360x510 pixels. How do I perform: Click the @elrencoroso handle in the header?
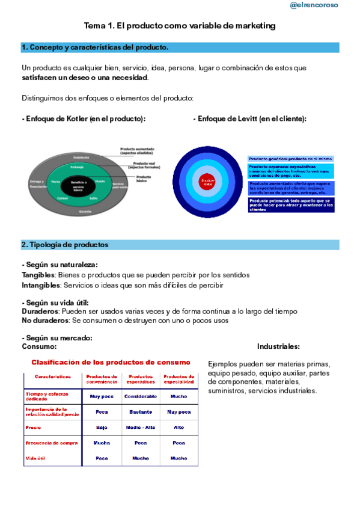point(314,5)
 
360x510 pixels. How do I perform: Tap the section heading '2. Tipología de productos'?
point(65,245)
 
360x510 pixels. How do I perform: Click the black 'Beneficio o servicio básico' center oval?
point(78,185)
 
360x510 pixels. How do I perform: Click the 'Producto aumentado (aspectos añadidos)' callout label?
point(139,151)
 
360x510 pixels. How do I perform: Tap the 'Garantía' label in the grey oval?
point(85,212)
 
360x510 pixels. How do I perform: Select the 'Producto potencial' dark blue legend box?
point(291,205)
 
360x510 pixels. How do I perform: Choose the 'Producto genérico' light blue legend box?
point(291,159)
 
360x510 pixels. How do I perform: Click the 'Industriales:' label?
point(278,346)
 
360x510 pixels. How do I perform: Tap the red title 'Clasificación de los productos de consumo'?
point(111,363)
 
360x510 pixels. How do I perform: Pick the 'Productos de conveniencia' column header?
point(102,379)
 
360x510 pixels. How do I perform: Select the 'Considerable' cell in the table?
point(141,396)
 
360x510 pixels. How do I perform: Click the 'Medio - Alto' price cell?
point(141,428)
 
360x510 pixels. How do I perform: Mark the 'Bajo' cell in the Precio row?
point(102,428)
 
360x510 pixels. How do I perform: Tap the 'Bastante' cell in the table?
point(141,412)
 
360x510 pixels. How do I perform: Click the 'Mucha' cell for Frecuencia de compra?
point(102,443)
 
